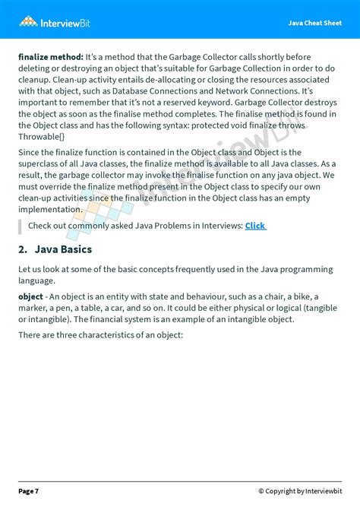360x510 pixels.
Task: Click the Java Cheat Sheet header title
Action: (314, 23)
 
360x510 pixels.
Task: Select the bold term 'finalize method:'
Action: (51, 56)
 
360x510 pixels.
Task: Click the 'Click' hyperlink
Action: (255, 226)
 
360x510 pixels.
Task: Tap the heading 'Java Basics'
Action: (63, 249)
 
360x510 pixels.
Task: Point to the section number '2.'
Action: (23, 249)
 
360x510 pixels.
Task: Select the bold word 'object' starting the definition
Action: (31, 296)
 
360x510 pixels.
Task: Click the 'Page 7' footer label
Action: (29, 491)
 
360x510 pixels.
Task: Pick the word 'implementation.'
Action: (49, 209)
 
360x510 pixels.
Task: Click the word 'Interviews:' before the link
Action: (216, 226)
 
